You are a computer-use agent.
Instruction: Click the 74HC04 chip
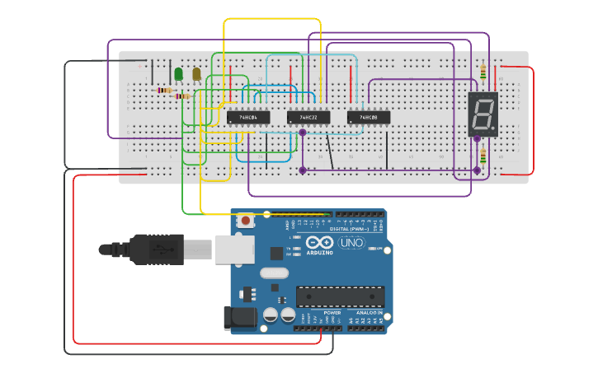[x=248, y=118]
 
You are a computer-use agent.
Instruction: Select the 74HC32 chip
[x=308, y=118]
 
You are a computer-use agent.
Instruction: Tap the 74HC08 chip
[x=369, y=118]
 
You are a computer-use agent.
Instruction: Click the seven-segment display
[x=483, y=114]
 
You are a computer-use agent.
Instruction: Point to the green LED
[x=178, y=74]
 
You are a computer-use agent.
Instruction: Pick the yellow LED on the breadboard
[x=196, y=74]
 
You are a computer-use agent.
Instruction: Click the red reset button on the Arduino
[x=245, y=221]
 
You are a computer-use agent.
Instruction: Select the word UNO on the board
[x=351, y=242]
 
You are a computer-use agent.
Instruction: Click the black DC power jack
[x=237, y=319]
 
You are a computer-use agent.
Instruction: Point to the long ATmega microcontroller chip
[x=340, y=296]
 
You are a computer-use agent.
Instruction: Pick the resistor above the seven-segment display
[x=483, y=71]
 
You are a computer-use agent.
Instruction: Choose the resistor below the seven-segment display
[x=483, y=156]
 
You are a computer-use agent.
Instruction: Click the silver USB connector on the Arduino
[x=234, y=249]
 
